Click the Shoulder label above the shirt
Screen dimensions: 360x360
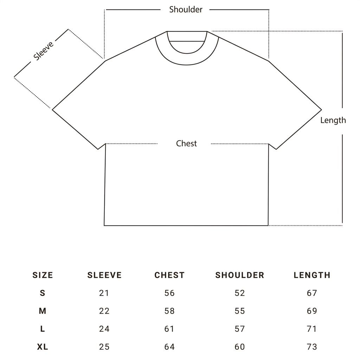click(x=186, y=9)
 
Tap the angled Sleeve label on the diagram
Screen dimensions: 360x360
click(x=43, y=51)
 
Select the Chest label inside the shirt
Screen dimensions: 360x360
click(x=186, y=143)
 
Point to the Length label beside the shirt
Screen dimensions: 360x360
click(x=333, y=120)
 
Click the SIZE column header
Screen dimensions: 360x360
click(x=43, y=275)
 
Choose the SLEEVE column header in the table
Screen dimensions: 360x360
click(x=104, y=275)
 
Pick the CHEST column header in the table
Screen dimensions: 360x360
click(x=169, y=275)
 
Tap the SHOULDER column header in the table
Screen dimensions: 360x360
click(x=240, y=275)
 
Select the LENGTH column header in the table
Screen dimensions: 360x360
click(x=312, y=275)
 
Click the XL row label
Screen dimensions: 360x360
click(x=43, y=347)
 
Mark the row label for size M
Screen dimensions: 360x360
click(x=43, y=311)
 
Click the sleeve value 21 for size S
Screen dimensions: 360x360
click(x=104, y=293)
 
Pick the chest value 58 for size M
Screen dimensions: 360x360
click(x=169, y=311)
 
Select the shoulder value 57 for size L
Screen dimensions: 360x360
click(x=240, y=329)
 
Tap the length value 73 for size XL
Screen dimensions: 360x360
click(x=312, y=347)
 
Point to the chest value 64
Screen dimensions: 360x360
click(x=169, y=347)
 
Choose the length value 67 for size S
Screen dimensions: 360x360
click(x=312, y=293)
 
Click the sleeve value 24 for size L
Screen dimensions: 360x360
click(x=104, y=329)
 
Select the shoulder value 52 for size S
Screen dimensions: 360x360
click(x=240, y=293)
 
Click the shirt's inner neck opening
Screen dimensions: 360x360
click(x=187, y=53)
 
